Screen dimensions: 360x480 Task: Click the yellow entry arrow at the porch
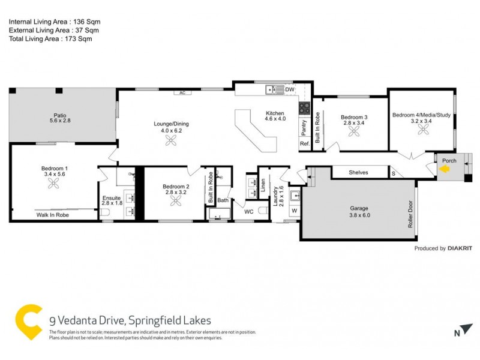(x=444, y=170)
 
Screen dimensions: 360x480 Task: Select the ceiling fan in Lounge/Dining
(x=171, y=140)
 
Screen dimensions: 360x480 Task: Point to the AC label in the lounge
(x=181, y=93)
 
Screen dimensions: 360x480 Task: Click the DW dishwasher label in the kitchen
(x=290, y=90)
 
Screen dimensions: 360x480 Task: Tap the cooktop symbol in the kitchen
(x=305, y=109)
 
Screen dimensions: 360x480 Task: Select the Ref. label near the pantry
(x=304, y=144)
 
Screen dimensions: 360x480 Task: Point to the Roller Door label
(x=411, y=214)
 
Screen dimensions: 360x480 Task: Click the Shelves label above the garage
(x=358, y=173)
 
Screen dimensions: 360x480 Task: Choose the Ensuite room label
(x=112, y=197)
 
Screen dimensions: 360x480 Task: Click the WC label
(x=249, y=212)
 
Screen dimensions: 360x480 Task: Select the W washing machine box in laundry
(x=294, y=211)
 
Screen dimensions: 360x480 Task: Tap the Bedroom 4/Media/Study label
(x=419, y=115)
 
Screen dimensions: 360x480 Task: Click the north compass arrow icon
(x=460, y=332)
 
